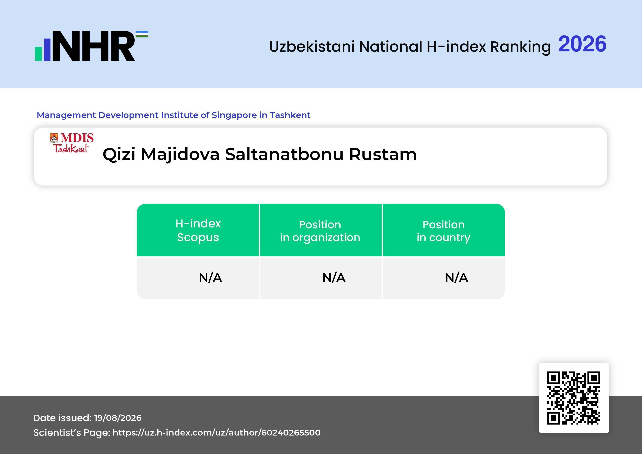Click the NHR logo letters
click(x=93, y=46)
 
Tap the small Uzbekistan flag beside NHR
click(x=142, y=34)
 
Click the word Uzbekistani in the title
click(x=312, y=46)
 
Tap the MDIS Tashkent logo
click(x=72, y=143)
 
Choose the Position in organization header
click(x=320, y=231)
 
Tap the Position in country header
click(x=443, y=231)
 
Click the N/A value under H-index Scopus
click(x=210, y=278)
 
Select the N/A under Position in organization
click(x=334, y=278)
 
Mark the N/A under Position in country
click(x=456, y=278)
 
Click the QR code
click(x=574, y=398)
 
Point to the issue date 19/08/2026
click(x=118, y=418)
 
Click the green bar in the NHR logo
click(x=38, y=53)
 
